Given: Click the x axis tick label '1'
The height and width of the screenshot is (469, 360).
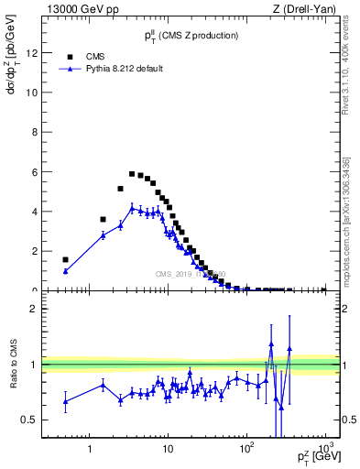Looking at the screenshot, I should tap(90, 450).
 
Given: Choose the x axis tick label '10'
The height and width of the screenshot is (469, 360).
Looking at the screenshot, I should tap(168, 450).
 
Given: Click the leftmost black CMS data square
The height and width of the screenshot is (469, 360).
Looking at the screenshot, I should tap(65, 260).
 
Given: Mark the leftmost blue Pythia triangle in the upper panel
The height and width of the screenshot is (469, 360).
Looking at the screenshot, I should tap(65, 271).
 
